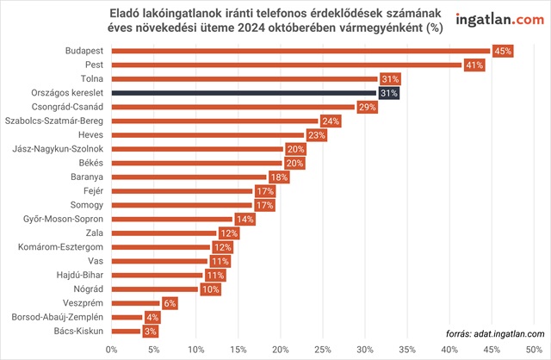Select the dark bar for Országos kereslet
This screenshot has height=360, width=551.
click(x=241, y=93)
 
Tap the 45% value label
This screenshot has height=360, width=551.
click(x=501, y=52)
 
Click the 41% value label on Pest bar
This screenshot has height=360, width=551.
click(x=474, y=65)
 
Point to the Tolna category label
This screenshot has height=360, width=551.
click(x=91, y=79)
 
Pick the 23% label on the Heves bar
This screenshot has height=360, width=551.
click(x=316, y=135)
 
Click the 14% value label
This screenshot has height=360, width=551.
click(x=245, y=219)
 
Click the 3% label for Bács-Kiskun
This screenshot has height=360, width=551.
click(x=150, y=331)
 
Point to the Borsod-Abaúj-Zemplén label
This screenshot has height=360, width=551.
click(x=58, y=317)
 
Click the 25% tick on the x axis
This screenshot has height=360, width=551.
click(x=323, y=350)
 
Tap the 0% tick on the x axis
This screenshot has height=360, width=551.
click(x=111, y=350)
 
